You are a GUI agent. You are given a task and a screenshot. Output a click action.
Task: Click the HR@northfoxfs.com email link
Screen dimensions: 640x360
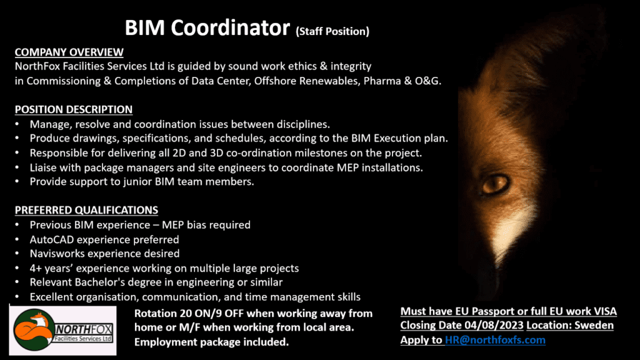[x=495, y=340]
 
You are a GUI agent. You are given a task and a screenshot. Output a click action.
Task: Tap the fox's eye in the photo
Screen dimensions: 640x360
[x=496, y=184]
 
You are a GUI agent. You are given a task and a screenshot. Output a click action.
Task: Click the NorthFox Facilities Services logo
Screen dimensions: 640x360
[x=63, y=330]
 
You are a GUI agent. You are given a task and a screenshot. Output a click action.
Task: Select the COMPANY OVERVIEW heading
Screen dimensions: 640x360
[x=69, y=52]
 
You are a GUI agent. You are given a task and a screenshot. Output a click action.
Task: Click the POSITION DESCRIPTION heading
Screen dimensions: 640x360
[x=74, y=109]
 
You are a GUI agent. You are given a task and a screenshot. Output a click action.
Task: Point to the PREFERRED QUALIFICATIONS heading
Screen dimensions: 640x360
[x=86, y=210]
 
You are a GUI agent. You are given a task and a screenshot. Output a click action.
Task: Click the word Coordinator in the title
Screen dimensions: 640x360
[x=230, y=28]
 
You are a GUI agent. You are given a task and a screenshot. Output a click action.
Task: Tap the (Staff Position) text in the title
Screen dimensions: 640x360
[x=332, y=31]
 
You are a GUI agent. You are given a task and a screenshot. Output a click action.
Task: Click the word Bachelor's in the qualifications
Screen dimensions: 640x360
[x=99, y=282]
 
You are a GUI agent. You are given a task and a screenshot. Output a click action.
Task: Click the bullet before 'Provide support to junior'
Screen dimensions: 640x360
[x=17, y=182]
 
